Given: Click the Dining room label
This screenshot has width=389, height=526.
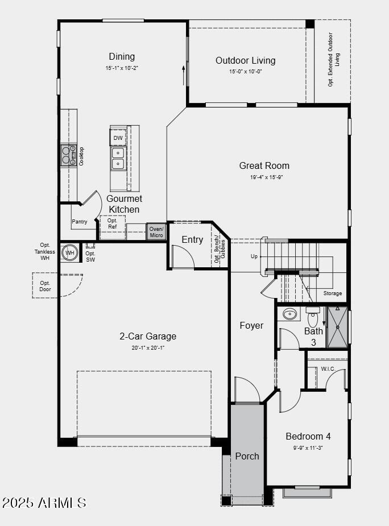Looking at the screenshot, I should tap(122, 56).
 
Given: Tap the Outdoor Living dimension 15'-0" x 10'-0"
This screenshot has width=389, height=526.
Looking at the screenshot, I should tap(245, 72).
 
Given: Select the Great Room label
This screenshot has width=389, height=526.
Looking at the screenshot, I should tap(264, 165).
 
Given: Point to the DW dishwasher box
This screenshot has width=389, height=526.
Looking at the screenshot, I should tap(118, 138).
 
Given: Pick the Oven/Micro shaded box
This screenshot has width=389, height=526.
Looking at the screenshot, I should tap(156, 232).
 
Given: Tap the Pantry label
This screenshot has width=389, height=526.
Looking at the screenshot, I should tap(80, 222).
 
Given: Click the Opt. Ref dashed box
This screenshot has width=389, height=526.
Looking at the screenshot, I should tap(113, 224).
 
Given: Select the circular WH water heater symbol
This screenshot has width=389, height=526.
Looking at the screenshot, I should tap(70, 253).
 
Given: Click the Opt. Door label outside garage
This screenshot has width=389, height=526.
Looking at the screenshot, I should tap(45, 286).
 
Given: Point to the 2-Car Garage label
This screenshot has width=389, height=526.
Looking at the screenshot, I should tap(147, 336).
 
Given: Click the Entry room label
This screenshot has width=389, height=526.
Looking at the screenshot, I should tap(192, 239).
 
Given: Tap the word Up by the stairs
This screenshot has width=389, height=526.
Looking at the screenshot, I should tap(254, 256).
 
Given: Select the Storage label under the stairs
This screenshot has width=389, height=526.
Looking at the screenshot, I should tap(333, 293).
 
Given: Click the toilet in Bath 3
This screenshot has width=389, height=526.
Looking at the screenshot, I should tap(313, 316).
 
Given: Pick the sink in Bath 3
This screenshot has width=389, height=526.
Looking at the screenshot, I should tap(290, 314).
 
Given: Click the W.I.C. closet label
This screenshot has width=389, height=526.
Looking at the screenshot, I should tap(328, 368).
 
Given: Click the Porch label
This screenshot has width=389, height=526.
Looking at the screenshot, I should tap(247, 456).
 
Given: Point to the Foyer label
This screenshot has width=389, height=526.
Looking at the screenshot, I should tap(251, 325).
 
